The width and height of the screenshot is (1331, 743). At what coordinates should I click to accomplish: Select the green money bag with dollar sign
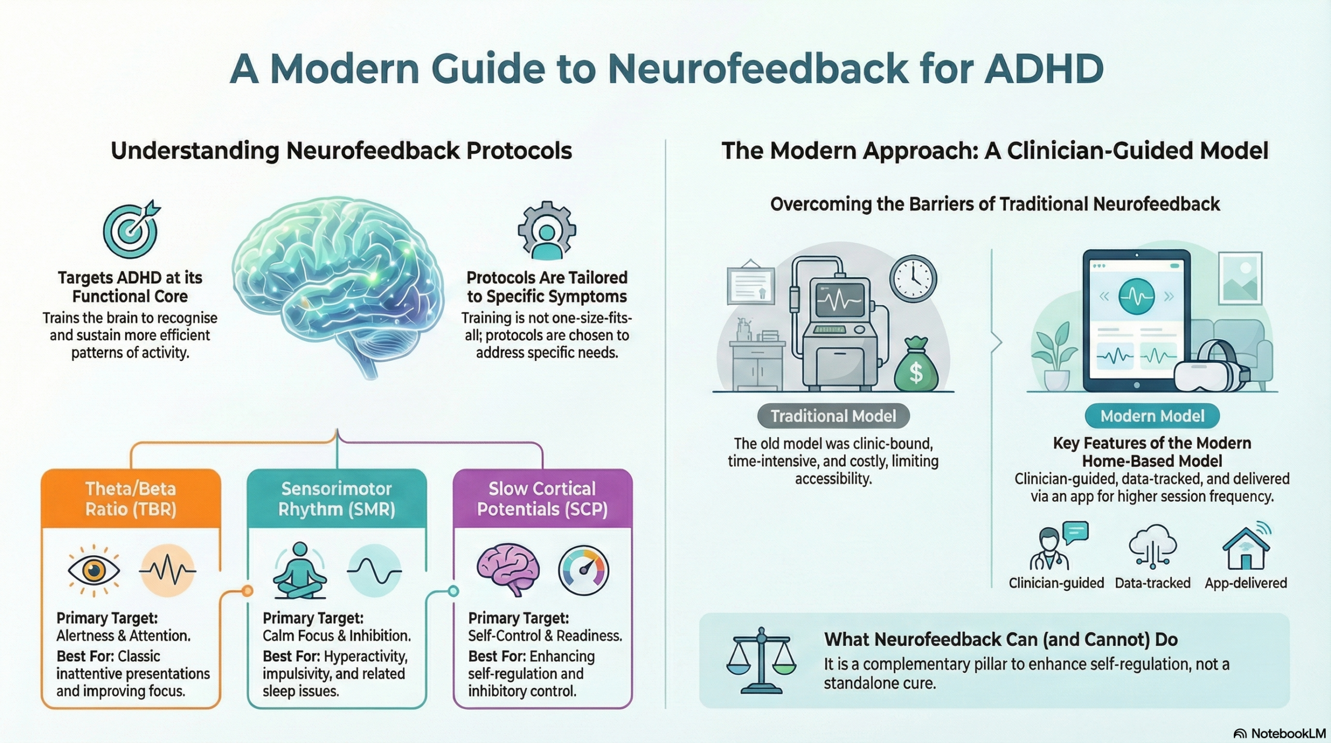pos(916,365)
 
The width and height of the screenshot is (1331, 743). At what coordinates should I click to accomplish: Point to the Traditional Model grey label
pos(833,416)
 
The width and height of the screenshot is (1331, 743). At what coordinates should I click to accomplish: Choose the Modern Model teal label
pos(1152,416)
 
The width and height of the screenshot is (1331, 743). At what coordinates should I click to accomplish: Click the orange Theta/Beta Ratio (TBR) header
pos(131,499)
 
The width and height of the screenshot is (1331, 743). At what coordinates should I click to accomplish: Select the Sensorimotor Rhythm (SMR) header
pos(337,499)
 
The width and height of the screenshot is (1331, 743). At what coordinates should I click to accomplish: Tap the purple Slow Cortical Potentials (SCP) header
pos(542,499)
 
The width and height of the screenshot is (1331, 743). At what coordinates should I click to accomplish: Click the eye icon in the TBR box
pos(94,571)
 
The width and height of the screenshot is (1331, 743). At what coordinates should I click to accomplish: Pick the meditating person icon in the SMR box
pos(300,571)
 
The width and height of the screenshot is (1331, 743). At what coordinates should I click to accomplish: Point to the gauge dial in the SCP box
pos(583,570)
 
